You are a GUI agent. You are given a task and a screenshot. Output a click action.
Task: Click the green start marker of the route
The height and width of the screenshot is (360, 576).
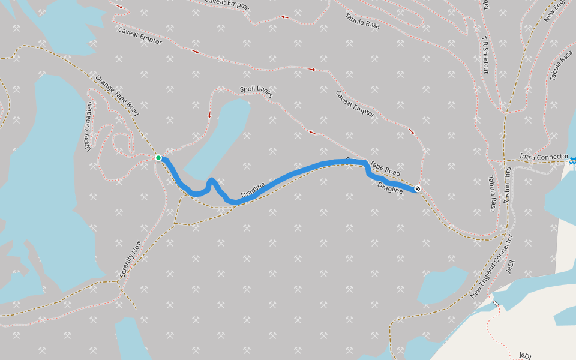click(x=158, y=158)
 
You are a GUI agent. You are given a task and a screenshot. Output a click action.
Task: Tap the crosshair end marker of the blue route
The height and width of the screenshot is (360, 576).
click(x=418, y=189)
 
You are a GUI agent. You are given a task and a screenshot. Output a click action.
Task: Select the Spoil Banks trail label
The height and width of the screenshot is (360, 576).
click(x=256, y=91)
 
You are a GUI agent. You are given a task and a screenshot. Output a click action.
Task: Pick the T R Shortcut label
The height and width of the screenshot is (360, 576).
click(x=485, y=55)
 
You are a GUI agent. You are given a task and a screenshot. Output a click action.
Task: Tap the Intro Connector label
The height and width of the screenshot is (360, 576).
click(x=544, y=157)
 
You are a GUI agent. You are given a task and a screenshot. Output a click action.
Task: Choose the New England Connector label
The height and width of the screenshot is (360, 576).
click(x=492, y=266)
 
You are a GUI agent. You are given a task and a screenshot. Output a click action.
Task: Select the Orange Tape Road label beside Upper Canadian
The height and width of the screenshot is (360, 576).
click(x=116, y=95)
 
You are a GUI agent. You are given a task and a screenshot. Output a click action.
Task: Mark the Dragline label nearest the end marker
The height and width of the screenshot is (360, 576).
click(x=391, y=188)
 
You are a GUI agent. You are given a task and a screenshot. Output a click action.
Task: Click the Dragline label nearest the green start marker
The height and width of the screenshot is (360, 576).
click(x=253, y=191)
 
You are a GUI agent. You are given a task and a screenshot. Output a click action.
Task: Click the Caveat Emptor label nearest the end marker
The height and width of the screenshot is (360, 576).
click(x=355, y=103)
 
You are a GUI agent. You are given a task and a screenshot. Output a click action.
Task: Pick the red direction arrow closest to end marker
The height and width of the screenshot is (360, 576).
click(x=412, y=131)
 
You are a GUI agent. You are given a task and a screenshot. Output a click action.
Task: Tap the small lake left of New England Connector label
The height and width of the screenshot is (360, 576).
click(x=443, y=285)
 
